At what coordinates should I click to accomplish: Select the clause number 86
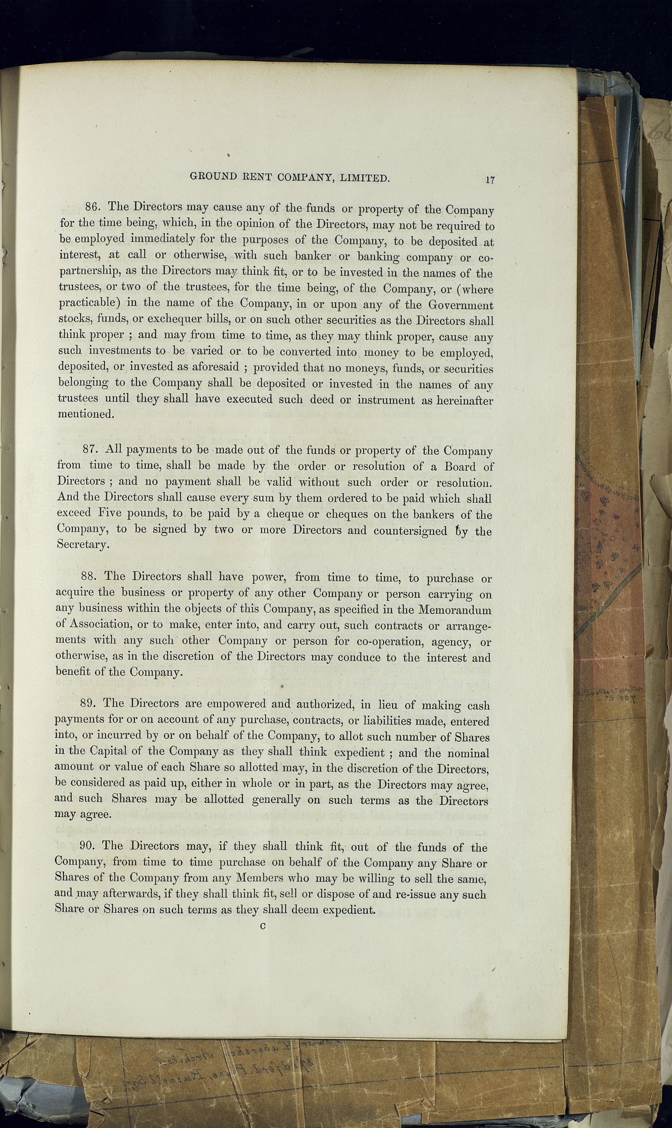click(x=92, y=207)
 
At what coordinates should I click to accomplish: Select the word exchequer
click(x=174, y=319)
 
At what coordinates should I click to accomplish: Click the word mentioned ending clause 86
click(x=84, y=413)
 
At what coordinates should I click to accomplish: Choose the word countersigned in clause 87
click(x=410, y=530)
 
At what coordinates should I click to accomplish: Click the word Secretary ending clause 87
click(x=82, y=544)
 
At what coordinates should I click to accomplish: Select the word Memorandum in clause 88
click(x=455, y=610)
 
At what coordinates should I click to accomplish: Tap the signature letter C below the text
click(x=263, y=926)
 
